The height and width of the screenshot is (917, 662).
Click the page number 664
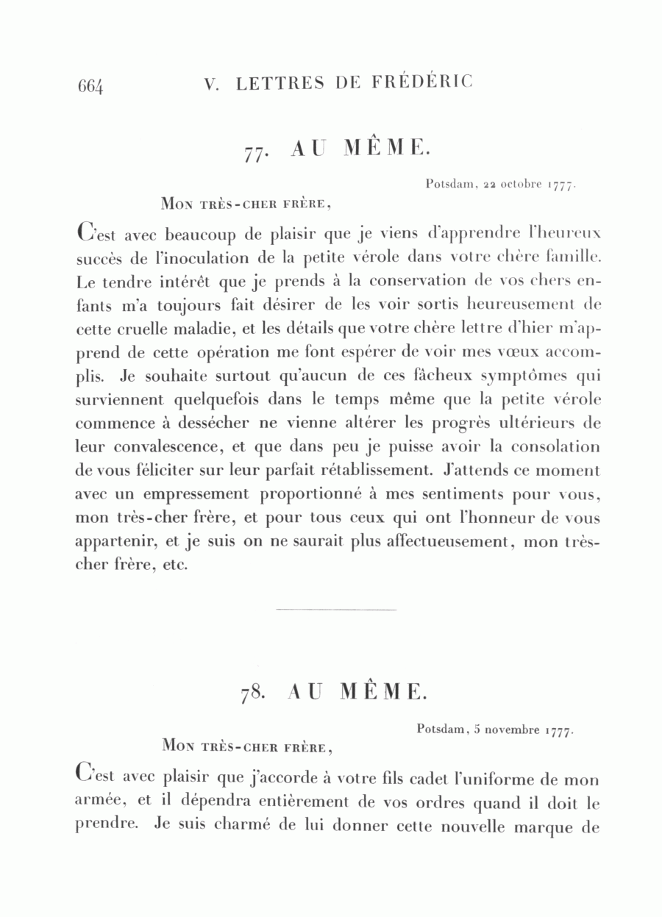click(92, 86)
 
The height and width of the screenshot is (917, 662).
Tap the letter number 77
click(255, 152)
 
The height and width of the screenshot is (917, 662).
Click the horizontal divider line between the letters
click(335, 610)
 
